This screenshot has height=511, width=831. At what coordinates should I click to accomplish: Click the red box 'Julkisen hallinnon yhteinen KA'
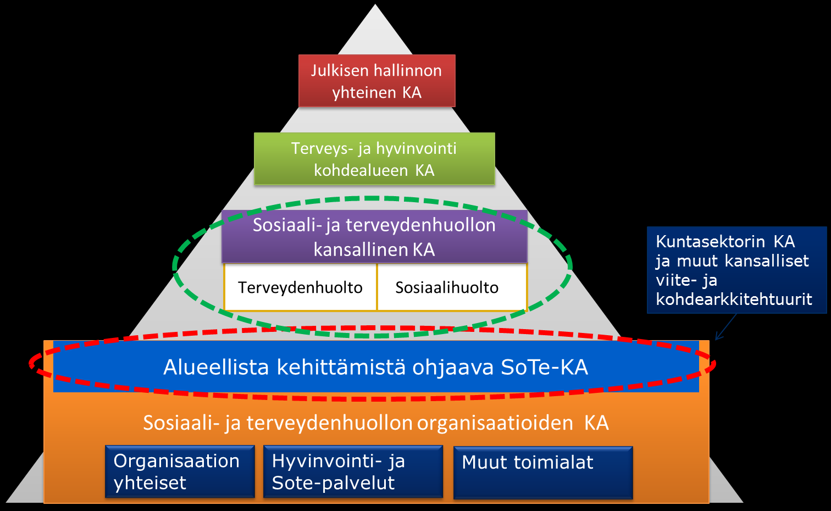click(x=377, y=81)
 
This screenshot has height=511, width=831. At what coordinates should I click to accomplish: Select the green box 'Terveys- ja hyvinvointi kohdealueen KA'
click(x=374, y=159)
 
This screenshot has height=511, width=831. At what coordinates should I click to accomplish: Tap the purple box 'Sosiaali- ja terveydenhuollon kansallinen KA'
click(x=374, y=237)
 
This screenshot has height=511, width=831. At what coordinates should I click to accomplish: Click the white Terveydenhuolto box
click(x=300, y=287)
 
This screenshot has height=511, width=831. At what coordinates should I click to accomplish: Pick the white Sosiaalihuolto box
click(x=452, y=287)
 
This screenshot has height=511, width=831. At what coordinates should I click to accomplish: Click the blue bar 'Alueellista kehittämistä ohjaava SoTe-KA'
click(x=376, y=366)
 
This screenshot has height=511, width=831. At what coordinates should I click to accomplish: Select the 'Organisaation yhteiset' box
click(x=180, y=471)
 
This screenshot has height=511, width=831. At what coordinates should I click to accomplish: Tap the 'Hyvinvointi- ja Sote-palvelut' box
click(x=353, y=471)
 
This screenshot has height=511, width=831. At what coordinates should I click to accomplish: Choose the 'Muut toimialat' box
click(x=543, y=473)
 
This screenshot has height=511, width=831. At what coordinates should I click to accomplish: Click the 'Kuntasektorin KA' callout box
click(x=737, y=270)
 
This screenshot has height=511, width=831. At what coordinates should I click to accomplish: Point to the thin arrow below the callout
click(x=726, y=327)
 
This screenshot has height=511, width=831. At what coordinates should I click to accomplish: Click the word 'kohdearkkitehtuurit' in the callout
click(x=734, y=299)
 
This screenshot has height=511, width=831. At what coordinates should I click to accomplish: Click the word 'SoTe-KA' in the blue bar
click(x=544, y=367)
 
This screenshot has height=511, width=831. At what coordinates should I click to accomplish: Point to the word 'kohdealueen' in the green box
click(x=361, y=170)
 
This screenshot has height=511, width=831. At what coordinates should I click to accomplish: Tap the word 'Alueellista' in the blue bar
click(x=216, y=367)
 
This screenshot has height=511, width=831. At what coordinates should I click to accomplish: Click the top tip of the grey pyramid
click(x=375, y=4)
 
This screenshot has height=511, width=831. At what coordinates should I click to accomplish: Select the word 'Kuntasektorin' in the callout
click(x=710, y=242)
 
